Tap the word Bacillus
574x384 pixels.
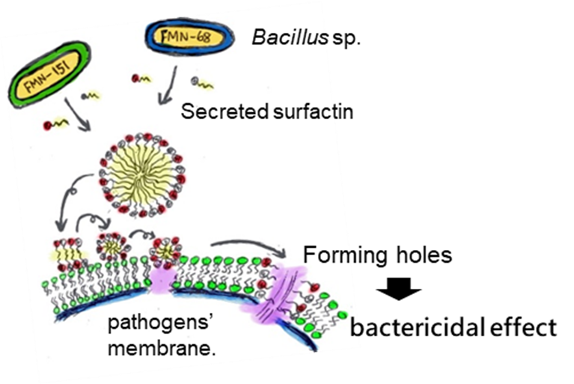289,38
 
